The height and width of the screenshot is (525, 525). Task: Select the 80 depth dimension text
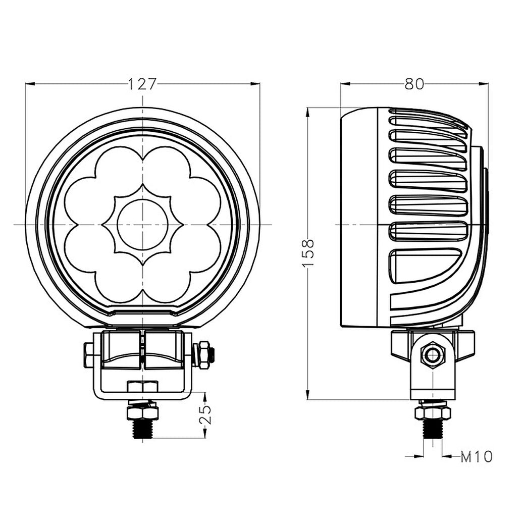coord(414,84)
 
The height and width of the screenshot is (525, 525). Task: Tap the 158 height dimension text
coord(309,252)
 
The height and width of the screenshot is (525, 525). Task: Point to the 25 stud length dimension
coord(205,415)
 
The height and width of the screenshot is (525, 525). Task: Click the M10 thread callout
coord(477,457)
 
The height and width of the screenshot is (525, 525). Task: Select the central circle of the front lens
coord(142,224)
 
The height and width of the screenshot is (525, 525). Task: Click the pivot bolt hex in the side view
coord(432,355)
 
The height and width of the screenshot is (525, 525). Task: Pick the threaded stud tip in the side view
coord(433,431)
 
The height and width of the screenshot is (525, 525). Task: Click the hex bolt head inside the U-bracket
coord(143,387)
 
